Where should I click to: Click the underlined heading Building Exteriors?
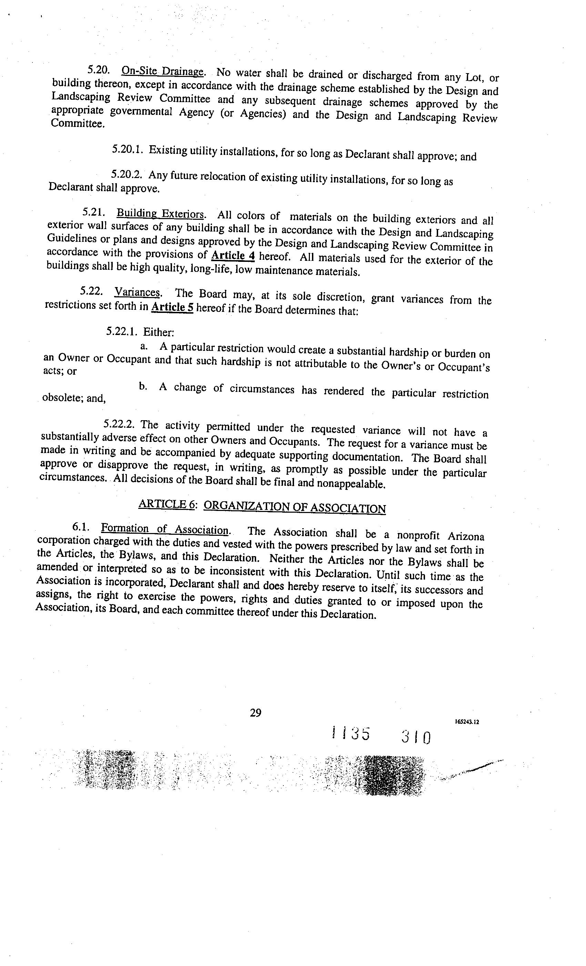point(160,214)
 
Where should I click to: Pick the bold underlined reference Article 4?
point(233,256)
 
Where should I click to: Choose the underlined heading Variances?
point(137,293)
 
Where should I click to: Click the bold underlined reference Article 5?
point(172,307)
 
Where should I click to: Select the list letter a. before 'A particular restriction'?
point(144,346)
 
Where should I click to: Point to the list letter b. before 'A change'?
point(143,386)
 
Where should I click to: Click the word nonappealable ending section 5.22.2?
point(351,483)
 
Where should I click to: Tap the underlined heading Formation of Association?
point(164,530)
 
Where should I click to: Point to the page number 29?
point(255,712)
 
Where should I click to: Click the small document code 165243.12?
point(467,722)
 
